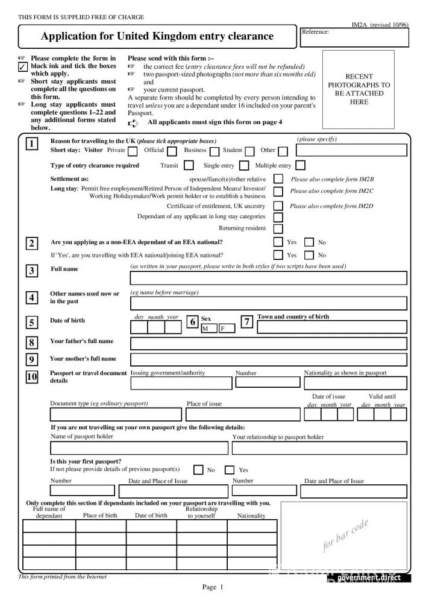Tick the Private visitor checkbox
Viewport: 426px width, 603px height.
click(x=133, y=151)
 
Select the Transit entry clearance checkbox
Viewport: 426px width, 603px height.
click(x=189, y=165)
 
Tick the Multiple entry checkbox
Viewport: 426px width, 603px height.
click(x=300, y=165)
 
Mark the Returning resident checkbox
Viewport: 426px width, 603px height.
click(x=278, y=229)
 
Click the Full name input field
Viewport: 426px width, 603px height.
click(x=269, y=278)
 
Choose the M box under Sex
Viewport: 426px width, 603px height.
click(x=208, y=329)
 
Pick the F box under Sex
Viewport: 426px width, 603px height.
click(x=226, y=329)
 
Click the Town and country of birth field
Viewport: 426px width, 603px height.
click(x=332, y=327)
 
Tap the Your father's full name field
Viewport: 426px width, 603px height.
click(x=269, y=344)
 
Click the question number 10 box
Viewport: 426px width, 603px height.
click(x=32, y=377)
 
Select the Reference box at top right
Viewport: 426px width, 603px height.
click(x=354, y=37)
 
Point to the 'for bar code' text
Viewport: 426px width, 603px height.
click(x=345, y=535)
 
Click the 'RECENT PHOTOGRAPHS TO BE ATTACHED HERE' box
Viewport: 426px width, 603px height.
click(x=359, y=89)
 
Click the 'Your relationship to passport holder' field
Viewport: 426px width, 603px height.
click(x=319, y=448)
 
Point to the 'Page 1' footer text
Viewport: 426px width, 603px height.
click(x=213, y=587)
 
